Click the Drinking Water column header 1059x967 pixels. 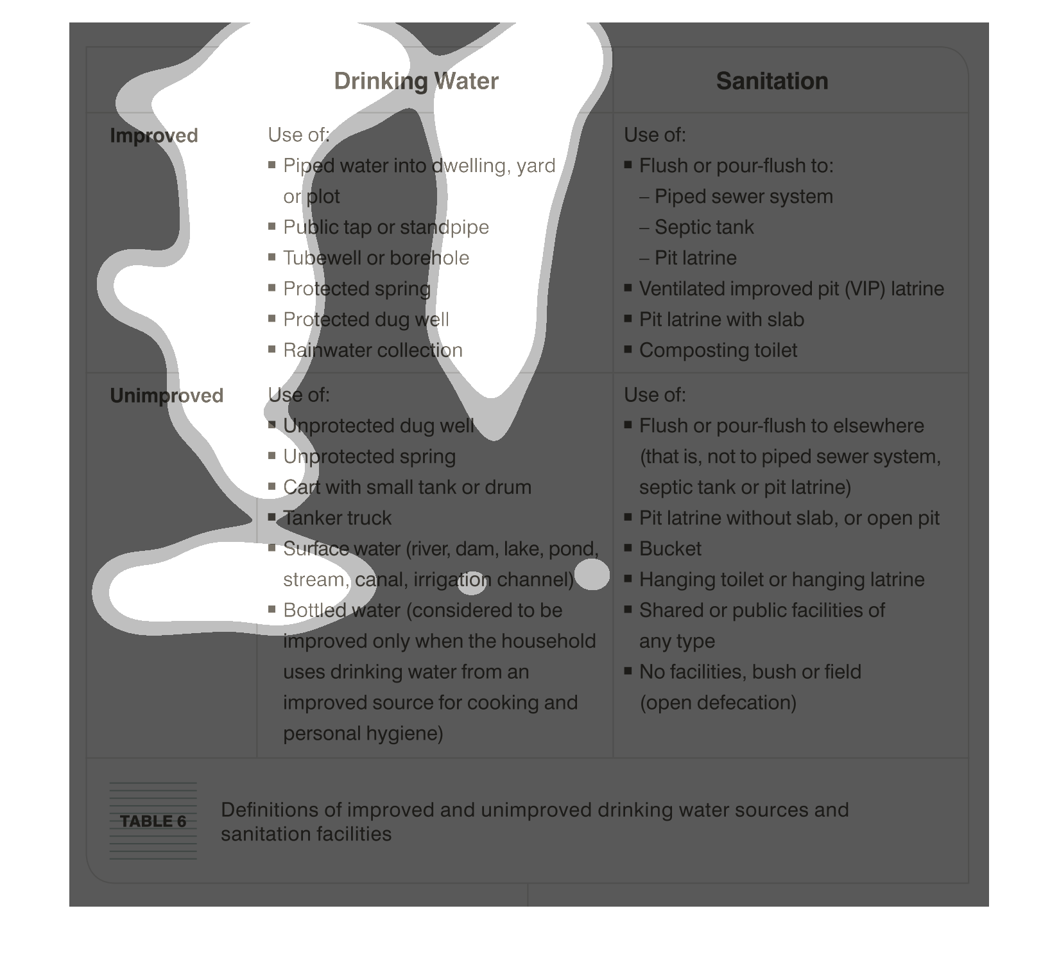(x=416, y=82)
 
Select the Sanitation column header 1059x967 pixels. (x=771, y=82)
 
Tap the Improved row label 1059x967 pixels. (x=153, y=135)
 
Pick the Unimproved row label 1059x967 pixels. (x=166, y=396)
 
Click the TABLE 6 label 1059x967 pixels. (x=153, y=821)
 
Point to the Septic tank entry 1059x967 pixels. (x=704, y=227)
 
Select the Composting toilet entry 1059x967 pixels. (x=718, y=351)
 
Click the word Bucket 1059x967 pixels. (x=670, y=549)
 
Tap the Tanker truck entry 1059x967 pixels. (x=337, y=518)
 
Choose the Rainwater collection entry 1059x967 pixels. (x=372, y=351)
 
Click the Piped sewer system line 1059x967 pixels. (x=743, y=196)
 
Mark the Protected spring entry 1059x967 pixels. (x=356, y=289)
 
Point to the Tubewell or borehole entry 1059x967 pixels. (x=376, y=258)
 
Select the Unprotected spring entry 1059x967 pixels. (x=369, y=457)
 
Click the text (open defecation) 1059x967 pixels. (x=718, y=703)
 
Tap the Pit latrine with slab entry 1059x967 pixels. (x=721, y=320)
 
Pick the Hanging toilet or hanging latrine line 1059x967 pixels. (x=781, y=580)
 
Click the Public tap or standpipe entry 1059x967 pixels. (x=386, y=227)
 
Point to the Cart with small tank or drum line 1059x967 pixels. (x=407, y=487)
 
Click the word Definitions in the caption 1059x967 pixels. (x=270, y=810)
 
